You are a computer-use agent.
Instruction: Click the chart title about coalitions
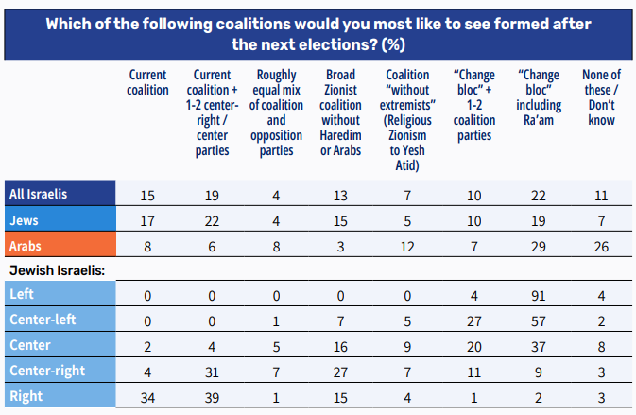tap(318, 32)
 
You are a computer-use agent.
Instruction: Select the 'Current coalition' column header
tap(146, 82)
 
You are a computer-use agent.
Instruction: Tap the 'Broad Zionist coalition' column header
tap(341, 112)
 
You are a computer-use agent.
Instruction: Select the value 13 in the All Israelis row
tap(341, 196)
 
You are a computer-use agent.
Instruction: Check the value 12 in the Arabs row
tap(407, 246)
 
